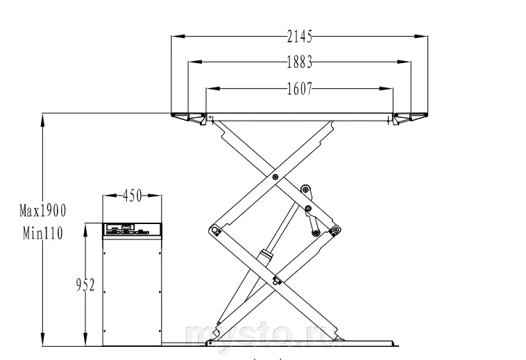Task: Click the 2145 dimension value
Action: tap(300, 37)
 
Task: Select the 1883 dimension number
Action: tap(300, 62)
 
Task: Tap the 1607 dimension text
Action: tap(300, 89)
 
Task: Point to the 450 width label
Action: tap(132, 196)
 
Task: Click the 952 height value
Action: tap(85, 285)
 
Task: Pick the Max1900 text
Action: tap(43, 211)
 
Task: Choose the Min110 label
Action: tap(43, 233)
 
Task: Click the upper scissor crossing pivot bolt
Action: tap(275, 177)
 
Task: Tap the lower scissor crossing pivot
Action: tap(276, 281)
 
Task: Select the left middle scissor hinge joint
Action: tap(214, 230)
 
